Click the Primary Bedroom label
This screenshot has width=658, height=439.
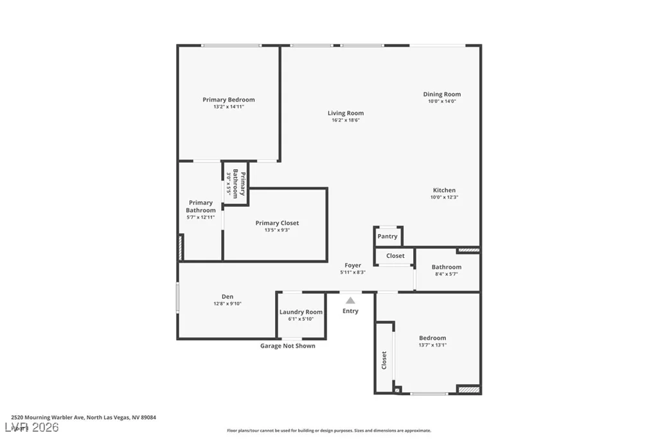click(x=229, y=100)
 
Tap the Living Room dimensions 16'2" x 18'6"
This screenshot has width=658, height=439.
click(x=346, y=120)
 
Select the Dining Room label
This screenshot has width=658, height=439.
click(x=442, y=94)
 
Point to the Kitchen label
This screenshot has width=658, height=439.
click(x=445, y=190)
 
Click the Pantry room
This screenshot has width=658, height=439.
click(x=387, y=237)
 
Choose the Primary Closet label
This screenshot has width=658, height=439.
click(x=278, y=223)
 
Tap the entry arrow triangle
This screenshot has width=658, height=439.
click(x=350, y=300)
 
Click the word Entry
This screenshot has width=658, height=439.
click(x=350, y=311)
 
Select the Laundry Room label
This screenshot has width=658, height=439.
click(x=301, y=312)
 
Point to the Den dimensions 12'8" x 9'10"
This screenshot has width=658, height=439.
click(x=227, y=303)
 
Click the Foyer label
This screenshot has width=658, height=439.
click(x=353, y=265)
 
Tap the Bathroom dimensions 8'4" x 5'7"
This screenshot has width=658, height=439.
click(x=447, y=274)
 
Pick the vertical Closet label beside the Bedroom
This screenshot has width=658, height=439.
click(x=384, y=360)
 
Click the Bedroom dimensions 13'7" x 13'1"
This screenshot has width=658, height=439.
click(x=432, y=345)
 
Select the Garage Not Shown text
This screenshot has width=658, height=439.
click(x=288, y=346)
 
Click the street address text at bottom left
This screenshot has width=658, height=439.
click(x=84, y=417)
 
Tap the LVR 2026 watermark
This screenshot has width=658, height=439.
click(x=32, y=427)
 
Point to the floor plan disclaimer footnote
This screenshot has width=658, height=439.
click(x=329, y=430)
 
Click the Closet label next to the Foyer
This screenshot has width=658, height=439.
click(x=395, y=256)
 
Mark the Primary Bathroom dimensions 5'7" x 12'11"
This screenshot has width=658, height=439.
click(x=200, y=217)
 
